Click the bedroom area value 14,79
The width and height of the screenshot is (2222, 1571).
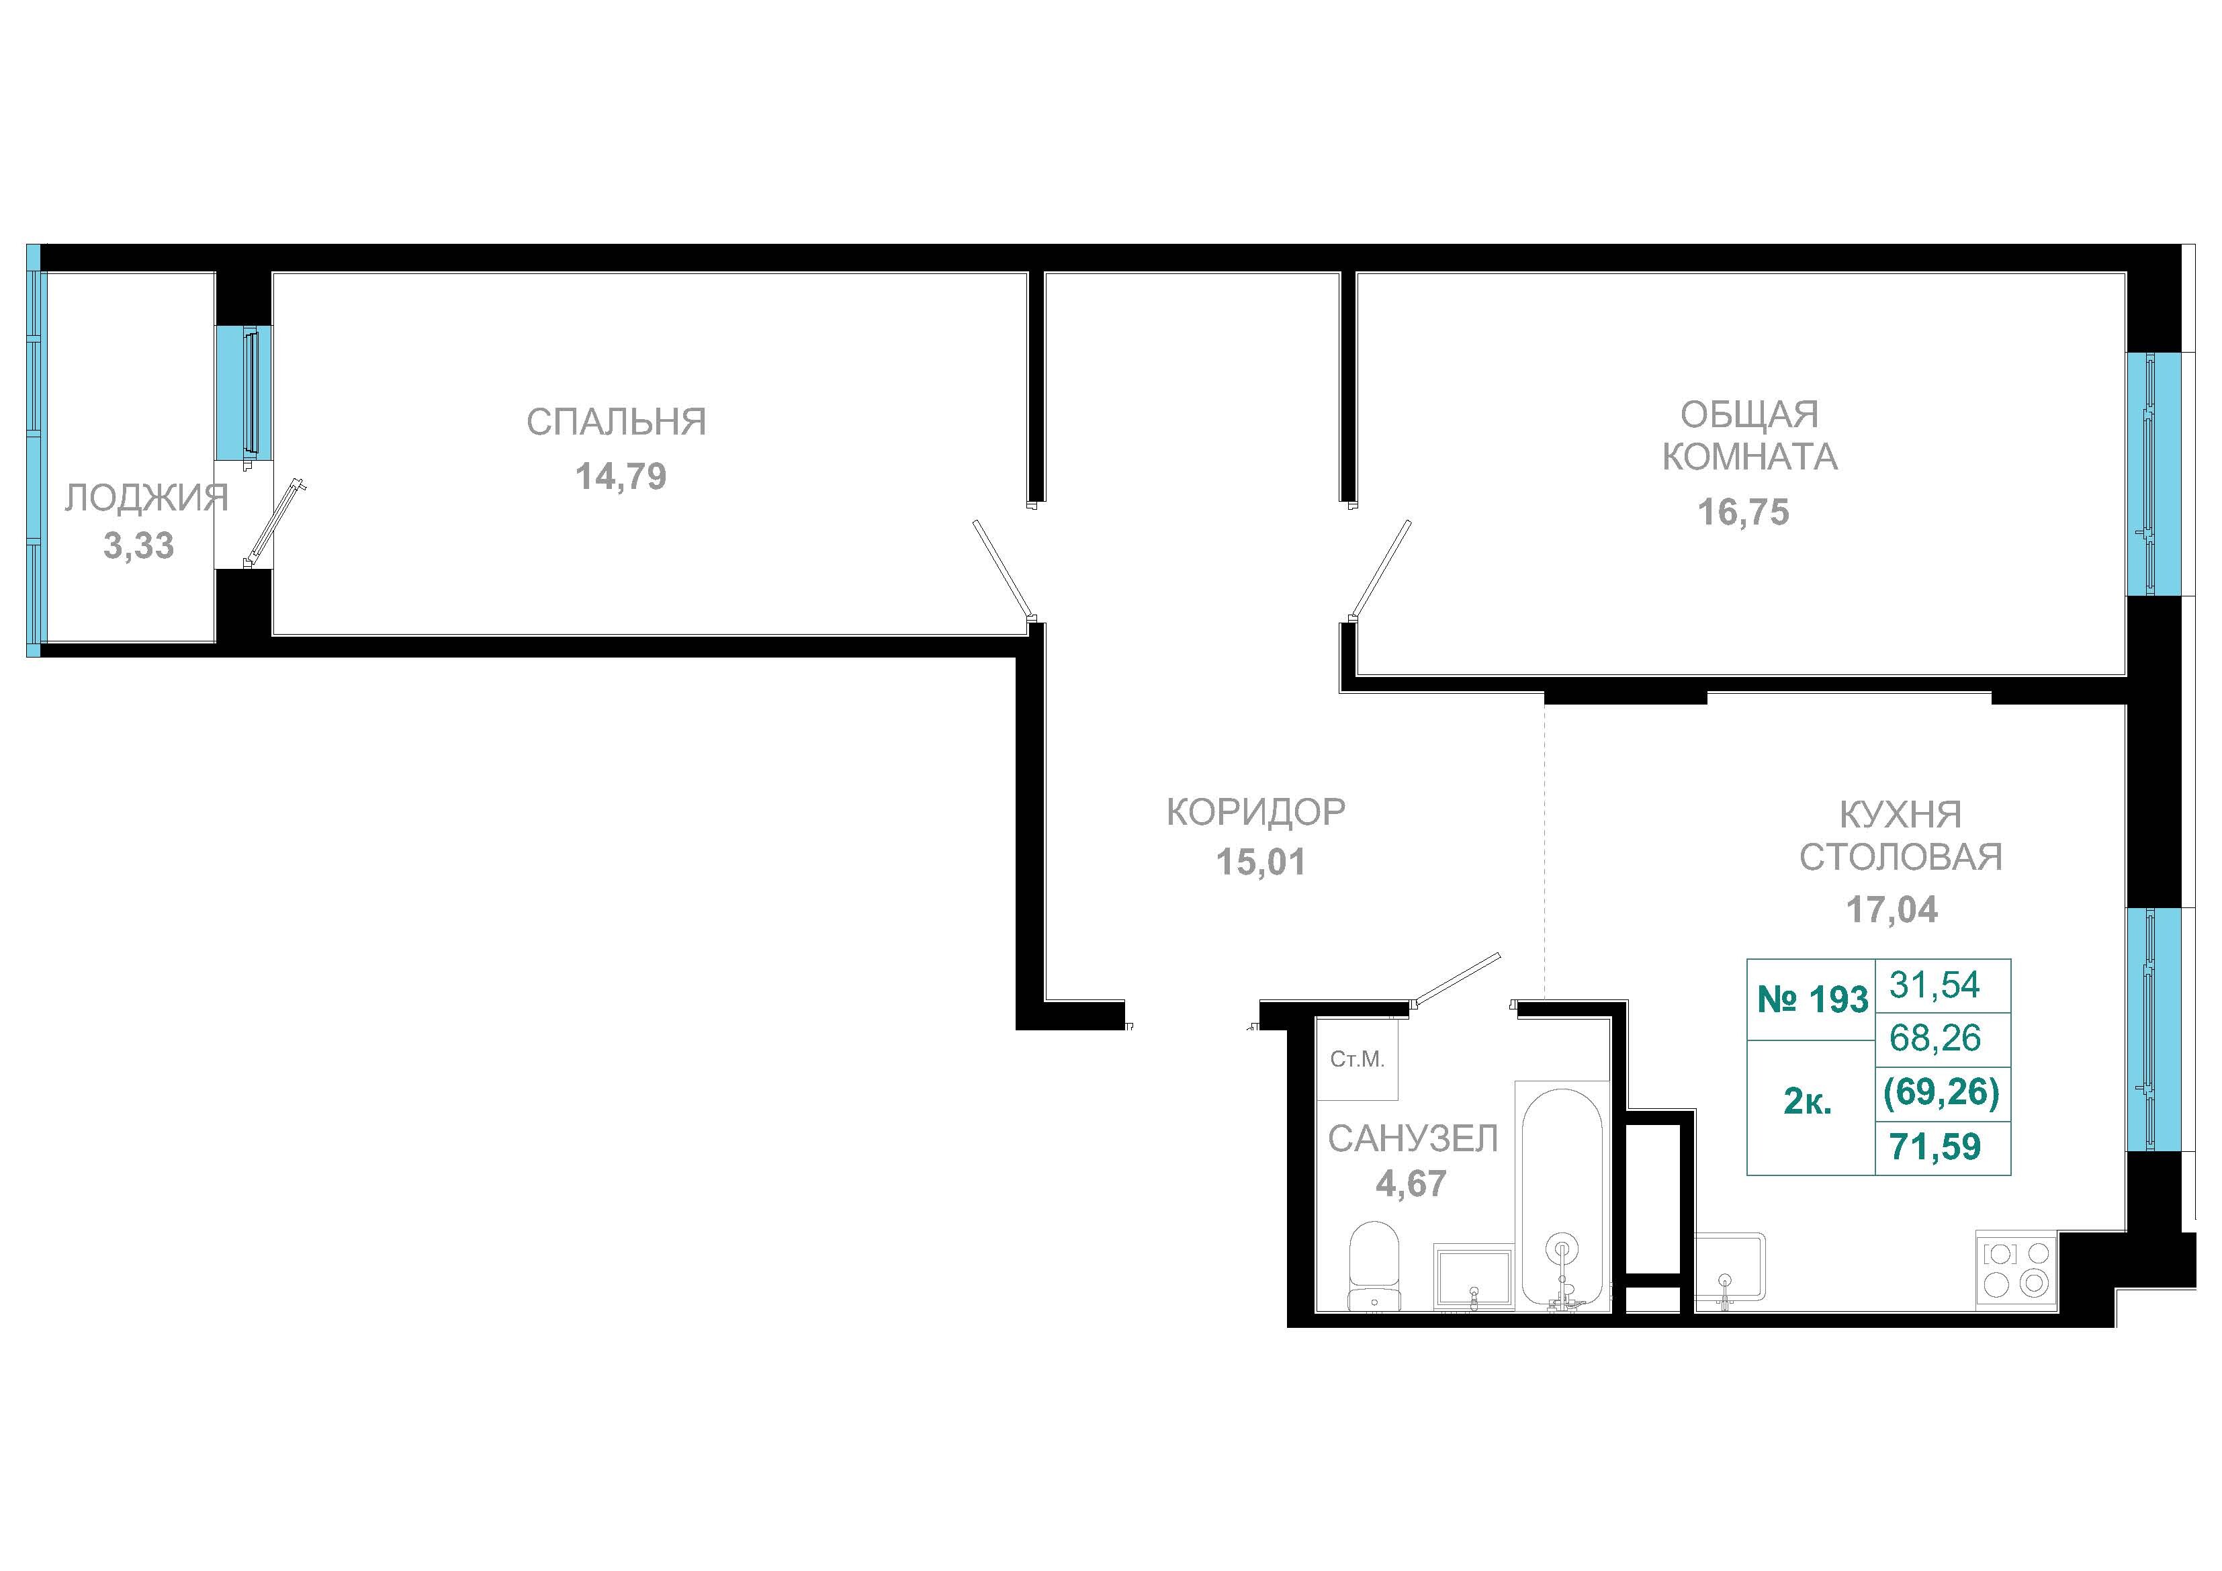coord(621,476)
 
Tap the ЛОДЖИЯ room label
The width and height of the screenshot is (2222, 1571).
coord(147,498)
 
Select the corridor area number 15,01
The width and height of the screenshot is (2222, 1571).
coord(1261,862)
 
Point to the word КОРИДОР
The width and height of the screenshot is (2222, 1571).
coord(1256,812)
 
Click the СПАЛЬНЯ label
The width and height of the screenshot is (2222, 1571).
coord(617,421)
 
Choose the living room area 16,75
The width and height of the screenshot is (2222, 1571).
coord(1744,512)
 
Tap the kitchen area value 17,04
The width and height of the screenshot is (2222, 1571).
coord(1892,910)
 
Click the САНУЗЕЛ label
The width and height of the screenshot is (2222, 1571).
coord(1413,1139)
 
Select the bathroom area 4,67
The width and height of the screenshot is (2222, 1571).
coord(1411,1184)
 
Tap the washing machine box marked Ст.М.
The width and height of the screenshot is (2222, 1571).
coord(1357,1060)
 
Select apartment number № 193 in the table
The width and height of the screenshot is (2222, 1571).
coord(1812,999)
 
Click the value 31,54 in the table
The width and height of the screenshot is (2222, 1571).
coord(1936,985)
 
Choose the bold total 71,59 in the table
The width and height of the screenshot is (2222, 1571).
coord(1936,1147)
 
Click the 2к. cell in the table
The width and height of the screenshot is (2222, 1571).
coord(1808,1102)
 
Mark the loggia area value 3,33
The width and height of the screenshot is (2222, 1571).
coord(139,546)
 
